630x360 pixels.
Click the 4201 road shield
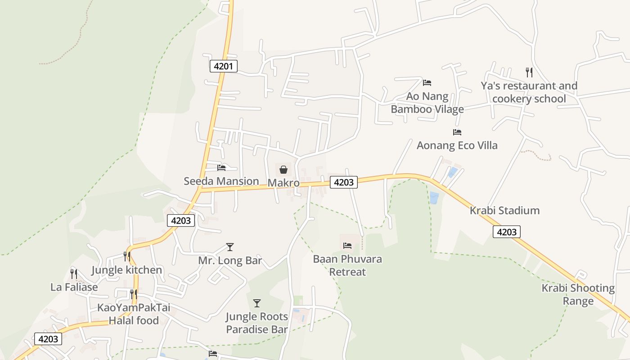coord(223,67)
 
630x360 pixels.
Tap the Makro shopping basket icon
coord(283,170)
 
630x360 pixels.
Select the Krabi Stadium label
coord(504,211)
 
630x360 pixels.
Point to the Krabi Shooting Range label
coord(578,295)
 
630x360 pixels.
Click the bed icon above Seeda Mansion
coord(221,168)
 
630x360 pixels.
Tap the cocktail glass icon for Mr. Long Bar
coord(230,247)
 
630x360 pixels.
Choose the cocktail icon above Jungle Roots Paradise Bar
coord(257,303)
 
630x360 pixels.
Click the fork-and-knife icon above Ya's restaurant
coord(529,72)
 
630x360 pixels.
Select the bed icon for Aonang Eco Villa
coord(457,132)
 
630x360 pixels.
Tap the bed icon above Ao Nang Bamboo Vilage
coord(427,83)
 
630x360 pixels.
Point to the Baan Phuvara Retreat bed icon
coord(347,246)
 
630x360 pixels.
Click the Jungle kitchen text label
coord(126,270)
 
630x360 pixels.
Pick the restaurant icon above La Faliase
coord(74,274)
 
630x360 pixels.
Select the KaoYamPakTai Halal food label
coord(134,314)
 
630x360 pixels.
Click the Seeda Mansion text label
coord(221,181)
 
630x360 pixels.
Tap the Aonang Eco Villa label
coord(457,145)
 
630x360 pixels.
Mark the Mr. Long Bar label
coord(230,261)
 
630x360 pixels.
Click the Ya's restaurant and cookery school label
coord(529,92)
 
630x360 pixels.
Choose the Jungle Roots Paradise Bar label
coord(257,323)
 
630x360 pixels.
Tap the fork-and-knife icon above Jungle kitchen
coord(127,256)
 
